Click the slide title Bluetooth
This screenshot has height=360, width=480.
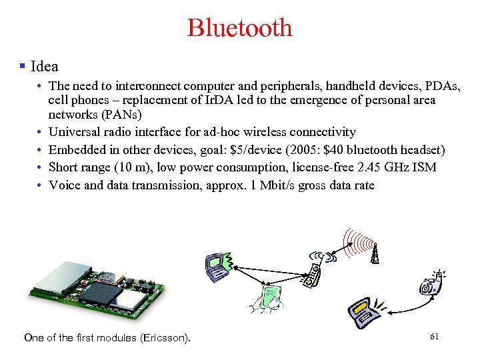(x=240, y=28)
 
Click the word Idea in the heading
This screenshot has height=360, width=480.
(x=45, y=67)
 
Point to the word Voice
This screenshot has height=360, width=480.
(x=64, y=185)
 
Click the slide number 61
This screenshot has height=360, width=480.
(x=434, y=336)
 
